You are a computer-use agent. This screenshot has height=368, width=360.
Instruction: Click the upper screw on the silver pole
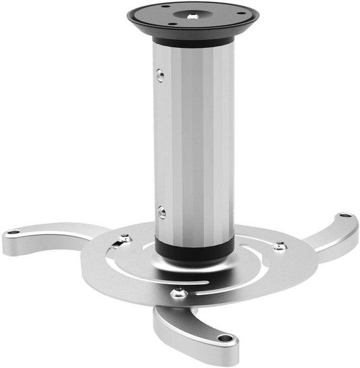160,76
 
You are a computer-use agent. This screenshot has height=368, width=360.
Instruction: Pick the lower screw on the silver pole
161,212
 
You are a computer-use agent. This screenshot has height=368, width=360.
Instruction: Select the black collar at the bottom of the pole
194,248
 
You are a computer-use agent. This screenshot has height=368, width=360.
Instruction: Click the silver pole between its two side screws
194,142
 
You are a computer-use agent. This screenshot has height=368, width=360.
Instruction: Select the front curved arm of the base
196,331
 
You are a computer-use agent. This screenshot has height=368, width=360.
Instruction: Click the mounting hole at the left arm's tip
13,234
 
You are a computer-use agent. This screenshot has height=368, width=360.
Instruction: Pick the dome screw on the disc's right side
278,246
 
